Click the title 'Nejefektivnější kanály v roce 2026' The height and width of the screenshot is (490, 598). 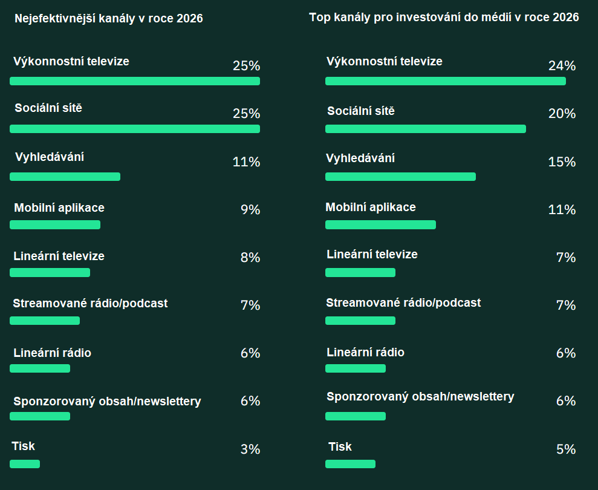click(109, 19)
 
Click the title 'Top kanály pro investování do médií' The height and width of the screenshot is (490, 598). click(444, 17)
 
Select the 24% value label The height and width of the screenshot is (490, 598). click(562, 66)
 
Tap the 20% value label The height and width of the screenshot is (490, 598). click(562, 114)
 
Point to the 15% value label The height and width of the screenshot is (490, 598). click(562, 162)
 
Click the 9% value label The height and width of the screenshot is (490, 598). click(250, 210)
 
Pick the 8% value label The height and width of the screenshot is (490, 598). click(250, 258)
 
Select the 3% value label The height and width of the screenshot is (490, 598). click(250, 449)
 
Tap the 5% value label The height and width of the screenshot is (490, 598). click(566, 449)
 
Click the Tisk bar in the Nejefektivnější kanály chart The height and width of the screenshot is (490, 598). click(25, 464)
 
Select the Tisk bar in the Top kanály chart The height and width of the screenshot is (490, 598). click(350, 464)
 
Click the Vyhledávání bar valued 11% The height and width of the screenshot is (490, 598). click(65, 177)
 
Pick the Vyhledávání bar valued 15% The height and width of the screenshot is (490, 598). click(400, 177)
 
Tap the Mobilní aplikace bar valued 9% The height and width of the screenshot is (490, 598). click(55, 224)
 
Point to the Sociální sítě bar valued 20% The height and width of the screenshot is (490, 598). click(425, 129)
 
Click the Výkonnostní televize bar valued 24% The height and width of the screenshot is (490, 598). click(445, 81)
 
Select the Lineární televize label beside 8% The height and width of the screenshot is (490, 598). click(59, 256)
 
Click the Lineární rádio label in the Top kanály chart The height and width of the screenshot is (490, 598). click(365, 352)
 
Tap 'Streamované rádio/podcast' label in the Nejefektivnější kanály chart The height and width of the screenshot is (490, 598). click(90, 303)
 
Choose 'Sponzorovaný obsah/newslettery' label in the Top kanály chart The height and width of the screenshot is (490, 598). click(420, 396)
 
